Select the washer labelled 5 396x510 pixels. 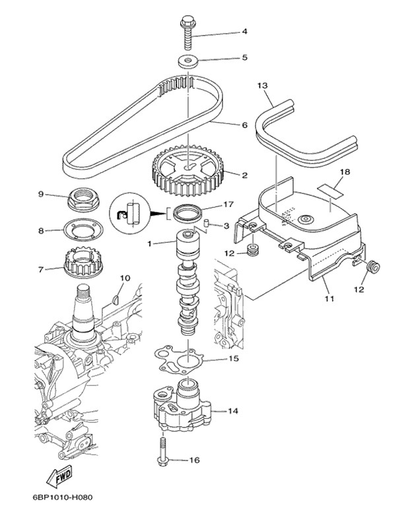(x=189, y=63)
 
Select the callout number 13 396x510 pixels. (x=261, y=86)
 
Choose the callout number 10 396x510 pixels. (x=125, y=278)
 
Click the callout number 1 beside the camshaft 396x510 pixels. (x=150, y=243)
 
